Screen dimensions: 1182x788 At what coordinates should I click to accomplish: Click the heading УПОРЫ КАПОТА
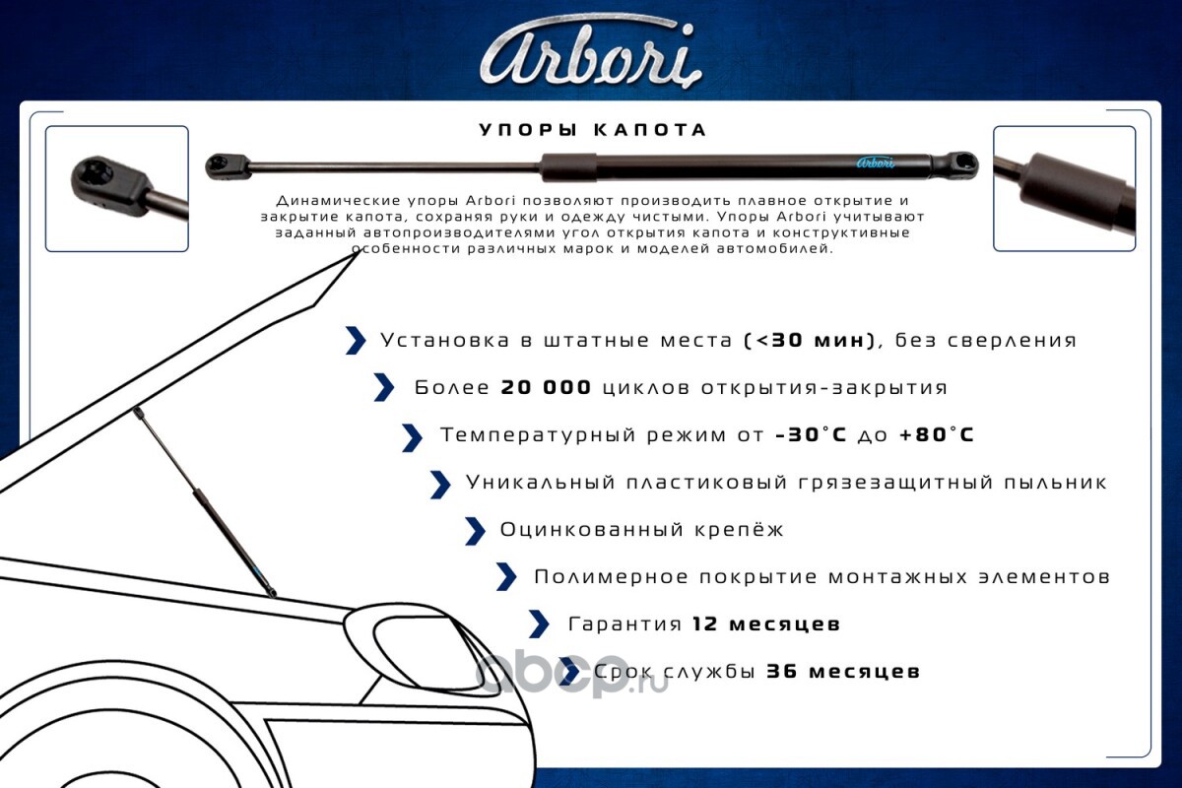point(593,130)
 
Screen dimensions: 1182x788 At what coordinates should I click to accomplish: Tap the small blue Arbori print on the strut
point(875,163)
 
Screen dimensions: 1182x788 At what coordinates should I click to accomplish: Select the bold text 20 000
point(546,387)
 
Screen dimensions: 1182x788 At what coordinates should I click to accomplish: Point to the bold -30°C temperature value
point(811,435)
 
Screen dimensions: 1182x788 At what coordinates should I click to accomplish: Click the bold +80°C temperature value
point(937,435)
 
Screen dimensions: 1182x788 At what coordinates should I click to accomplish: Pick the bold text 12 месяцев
point(765,624)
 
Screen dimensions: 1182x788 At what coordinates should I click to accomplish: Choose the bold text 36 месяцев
point(843,672)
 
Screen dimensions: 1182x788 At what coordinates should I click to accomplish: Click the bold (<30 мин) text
point(810,341)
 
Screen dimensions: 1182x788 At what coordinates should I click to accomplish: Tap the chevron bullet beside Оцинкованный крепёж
point(475,531)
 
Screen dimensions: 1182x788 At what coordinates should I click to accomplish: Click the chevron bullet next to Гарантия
point(540,624)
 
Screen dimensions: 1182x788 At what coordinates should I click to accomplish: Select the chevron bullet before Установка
point(356,341)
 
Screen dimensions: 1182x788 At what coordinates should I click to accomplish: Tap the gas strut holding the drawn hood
point(205,502)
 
